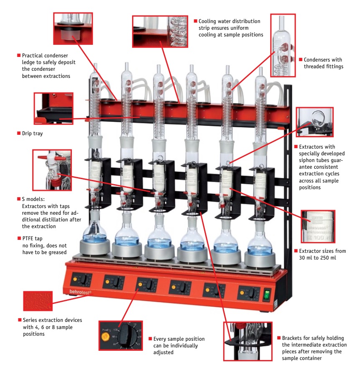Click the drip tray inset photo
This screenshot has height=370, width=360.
coord(54,109)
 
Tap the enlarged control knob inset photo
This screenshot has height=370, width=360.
coord(120,338)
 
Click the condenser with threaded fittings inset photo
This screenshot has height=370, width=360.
coord(283,46)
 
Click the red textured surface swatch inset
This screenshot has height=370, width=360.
coord(38,301)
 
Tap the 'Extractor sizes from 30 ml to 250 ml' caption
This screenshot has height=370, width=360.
coord(322,254)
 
